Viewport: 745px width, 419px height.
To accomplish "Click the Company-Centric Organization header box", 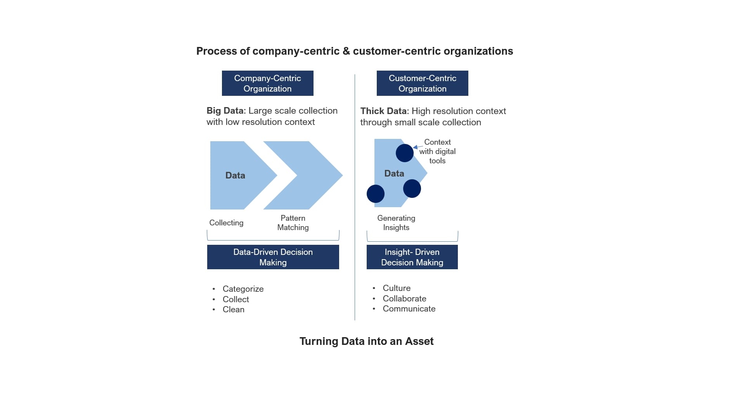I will [x=267, y=83].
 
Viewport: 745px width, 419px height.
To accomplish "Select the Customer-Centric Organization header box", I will [x=422, y=83].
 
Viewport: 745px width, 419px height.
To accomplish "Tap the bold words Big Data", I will [x=225, y=111].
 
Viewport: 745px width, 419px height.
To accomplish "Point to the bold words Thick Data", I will [x=383, y=111].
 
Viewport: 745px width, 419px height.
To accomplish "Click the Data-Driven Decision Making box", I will [x=273, y=257].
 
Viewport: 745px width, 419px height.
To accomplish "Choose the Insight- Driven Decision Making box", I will [x=412, y=257].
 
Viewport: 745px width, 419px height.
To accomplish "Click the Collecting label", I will [x=226, y=223].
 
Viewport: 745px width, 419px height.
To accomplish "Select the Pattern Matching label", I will [x=293, y=223].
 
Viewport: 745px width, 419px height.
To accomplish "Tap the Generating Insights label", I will [x=396, y=223].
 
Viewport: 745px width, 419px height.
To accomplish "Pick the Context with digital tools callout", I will [x=437, y=151].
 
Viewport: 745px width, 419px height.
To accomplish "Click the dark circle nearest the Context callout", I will [x=404, y=153].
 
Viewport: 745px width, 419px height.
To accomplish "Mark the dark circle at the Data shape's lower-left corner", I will [x=375, y=194].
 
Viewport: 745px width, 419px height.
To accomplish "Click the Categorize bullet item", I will [x=243, y=289].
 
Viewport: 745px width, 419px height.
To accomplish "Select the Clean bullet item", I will [x=233, y=309].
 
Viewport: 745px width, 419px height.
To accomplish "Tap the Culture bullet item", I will [x=397, y=288].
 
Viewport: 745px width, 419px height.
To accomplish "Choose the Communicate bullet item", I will [x=409, y=308].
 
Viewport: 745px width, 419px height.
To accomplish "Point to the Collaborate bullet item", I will [x=404, y=298].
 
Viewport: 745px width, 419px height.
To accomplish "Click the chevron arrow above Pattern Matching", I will [x=307, y=175].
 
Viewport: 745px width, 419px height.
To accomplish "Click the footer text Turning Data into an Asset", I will [x=366, y=341].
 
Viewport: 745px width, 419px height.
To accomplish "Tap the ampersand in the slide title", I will [x=346, y=51].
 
